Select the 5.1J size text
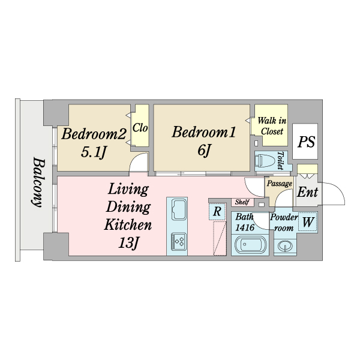click(94, 152)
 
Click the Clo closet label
click(140, 128)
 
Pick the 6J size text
click(204, 151)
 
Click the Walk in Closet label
click(272, 126)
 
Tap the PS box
click(308, 143)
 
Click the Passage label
click(279, 184)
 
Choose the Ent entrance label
click(308, 193)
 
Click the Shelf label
click(242, 202)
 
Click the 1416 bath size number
click(245, 227)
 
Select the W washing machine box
click(308, 222)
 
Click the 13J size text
click(128, 244)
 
